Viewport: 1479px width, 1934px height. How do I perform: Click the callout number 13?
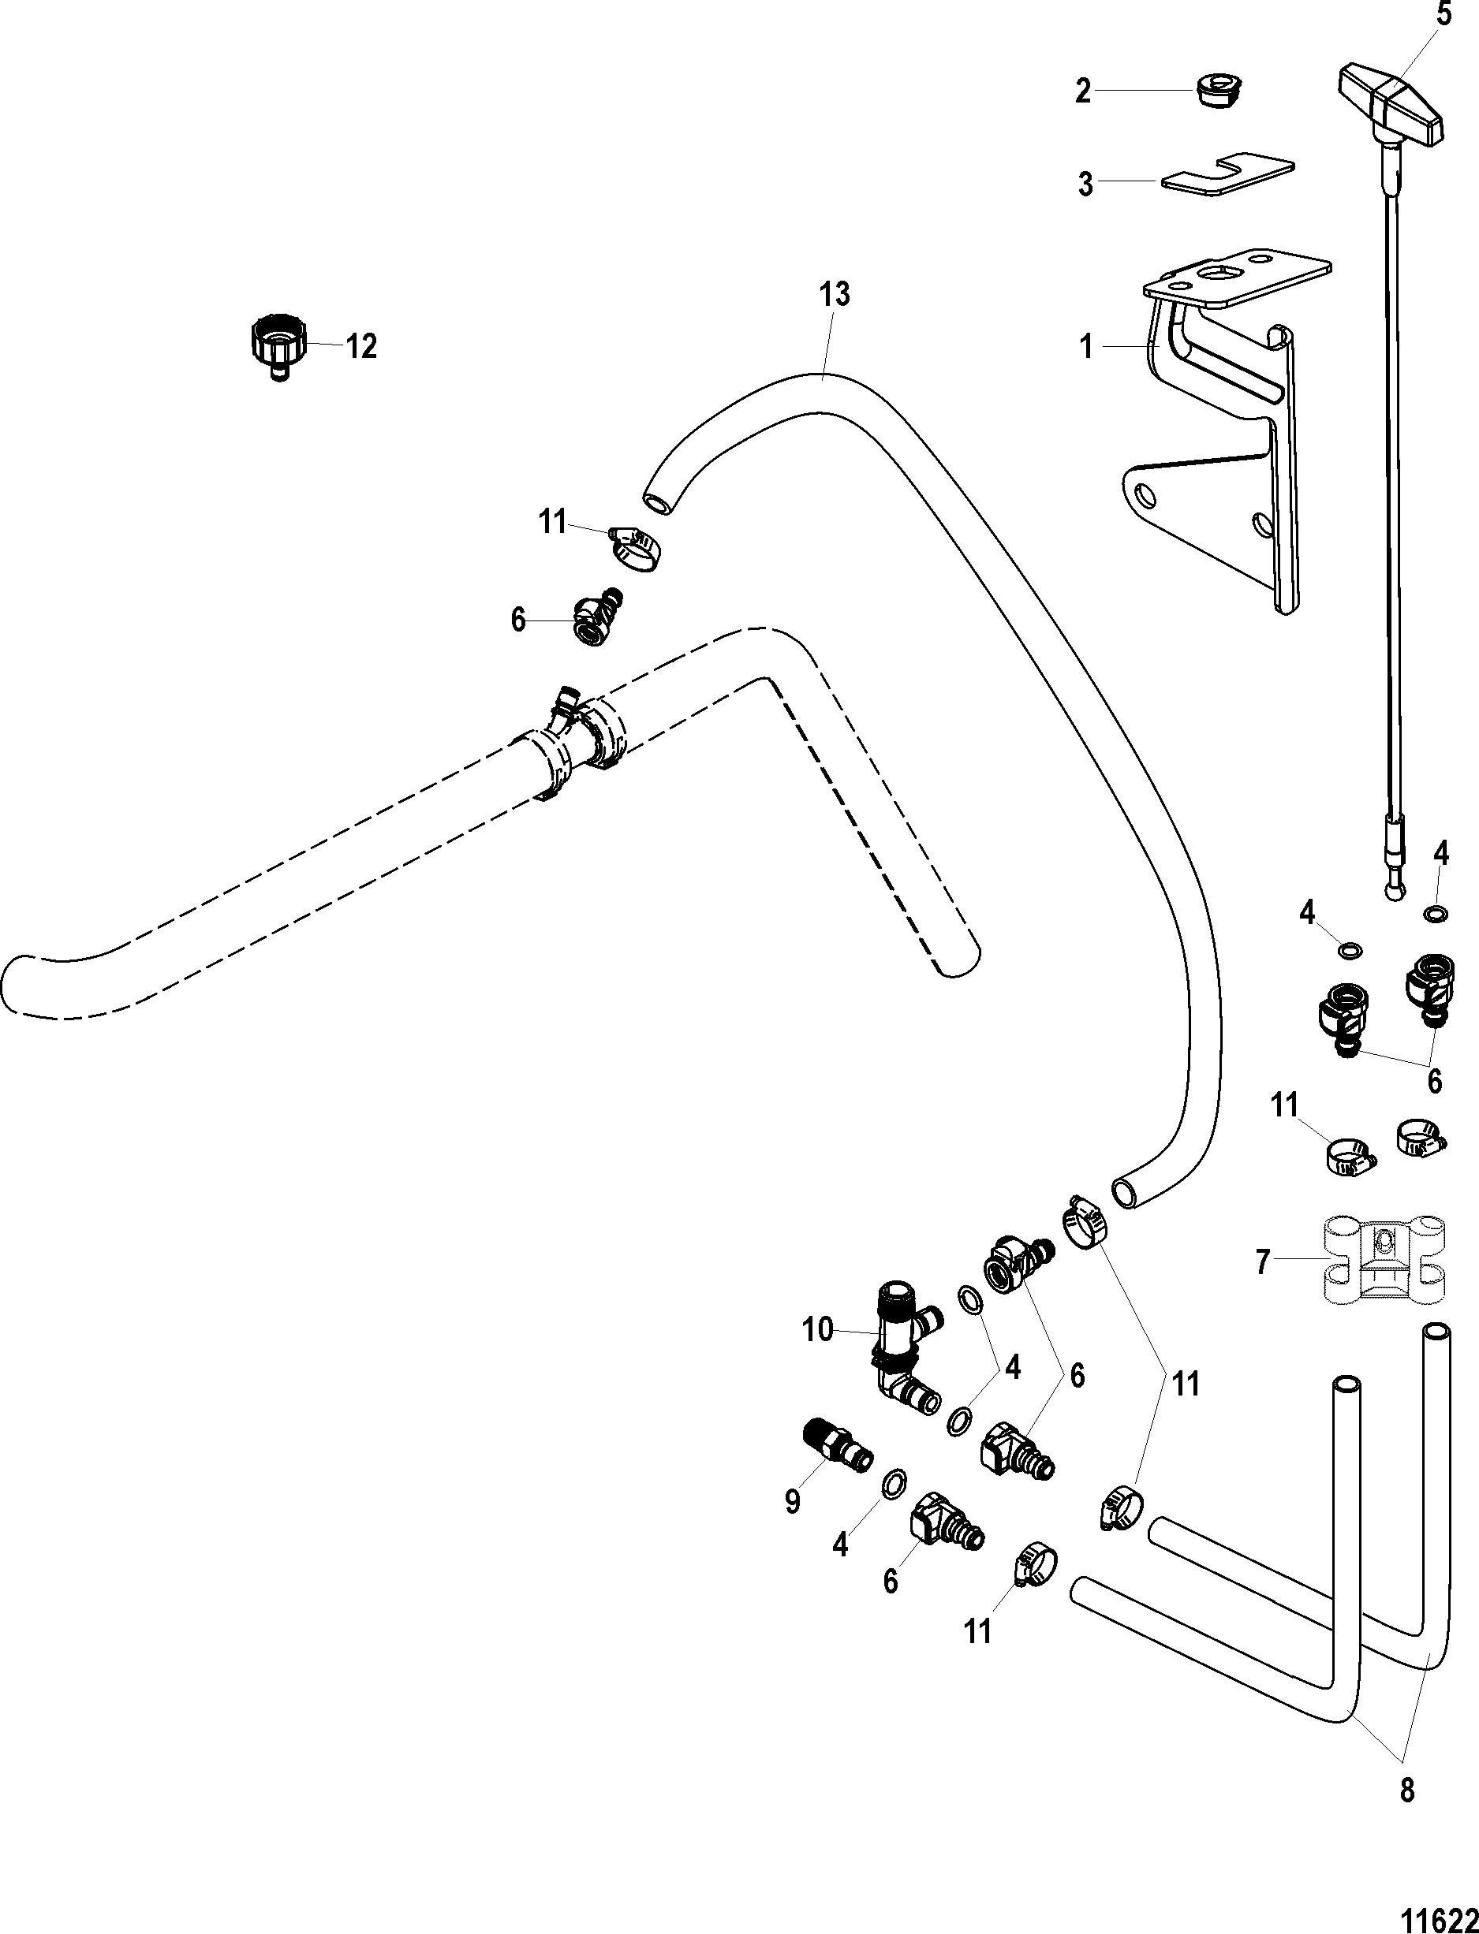click(834, 294)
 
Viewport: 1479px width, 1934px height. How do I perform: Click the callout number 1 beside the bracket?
click(1086, 348)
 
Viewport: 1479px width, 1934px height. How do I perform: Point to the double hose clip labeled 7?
click(1385, 1265)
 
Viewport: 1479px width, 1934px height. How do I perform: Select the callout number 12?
click(361, 346)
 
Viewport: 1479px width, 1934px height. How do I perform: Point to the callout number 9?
click(792, 1501)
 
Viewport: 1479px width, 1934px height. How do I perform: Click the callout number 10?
click(817, 1329)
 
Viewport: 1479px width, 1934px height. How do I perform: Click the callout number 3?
click(1085, 184)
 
